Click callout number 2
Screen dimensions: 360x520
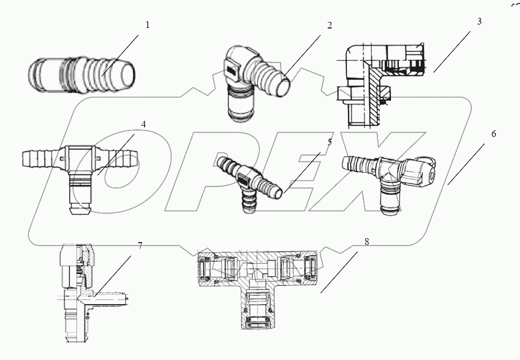tap(329, 26)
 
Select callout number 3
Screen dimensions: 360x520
tap(479, 22)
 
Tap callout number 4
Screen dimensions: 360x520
tap(144, 124)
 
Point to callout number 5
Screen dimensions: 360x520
tap(330, 142)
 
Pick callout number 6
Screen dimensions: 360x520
tap(494, 135)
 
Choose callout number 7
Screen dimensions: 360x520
tap(140, 245)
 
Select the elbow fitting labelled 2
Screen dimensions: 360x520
tap(254, 84)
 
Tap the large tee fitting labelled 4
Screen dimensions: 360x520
tap(82, 167)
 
